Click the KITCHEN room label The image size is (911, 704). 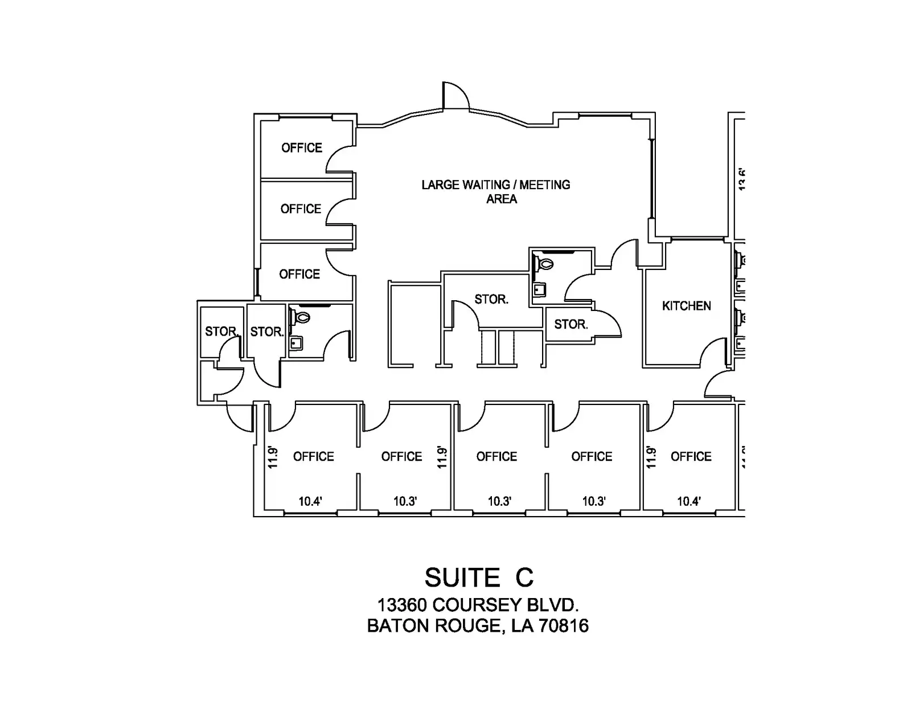(x=686, y=306)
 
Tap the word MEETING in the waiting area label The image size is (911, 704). (x=544, y=185)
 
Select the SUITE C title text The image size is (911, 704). (x=479, y=578)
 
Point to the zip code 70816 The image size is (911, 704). (x=563, y=626)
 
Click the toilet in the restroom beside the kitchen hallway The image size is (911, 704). (x=545, y=264)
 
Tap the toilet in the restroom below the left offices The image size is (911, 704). (x=301, y=316)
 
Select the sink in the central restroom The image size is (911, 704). (x=539, y=289)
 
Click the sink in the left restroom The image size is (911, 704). (x=296, y=343)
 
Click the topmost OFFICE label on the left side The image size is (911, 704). (x=302, y=148)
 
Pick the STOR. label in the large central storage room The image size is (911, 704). (x=491, y=299)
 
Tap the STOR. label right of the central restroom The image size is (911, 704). (x=571, y=324)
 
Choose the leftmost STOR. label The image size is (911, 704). (x=221, y=331)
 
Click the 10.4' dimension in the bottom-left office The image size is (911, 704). (x=310, y=501)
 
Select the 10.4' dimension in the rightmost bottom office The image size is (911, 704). (x=688, y=501)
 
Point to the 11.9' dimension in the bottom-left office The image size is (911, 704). (x=273, y=457)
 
